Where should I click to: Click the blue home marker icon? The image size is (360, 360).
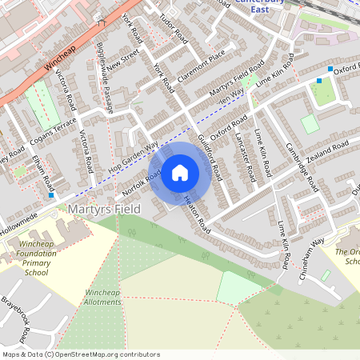(180, 173)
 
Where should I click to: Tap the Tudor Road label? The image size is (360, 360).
(173, 28)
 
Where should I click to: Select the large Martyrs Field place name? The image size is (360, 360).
(104, 209)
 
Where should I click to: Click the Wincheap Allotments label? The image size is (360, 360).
(102, 298)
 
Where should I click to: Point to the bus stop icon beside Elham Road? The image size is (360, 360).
(52, 194)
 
